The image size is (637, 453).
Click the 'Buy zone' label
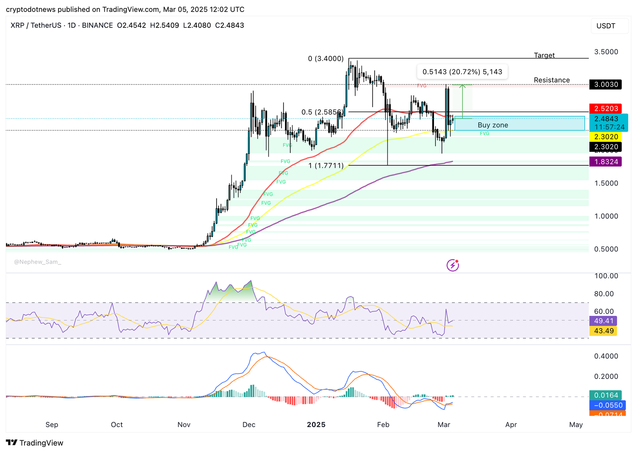[492, 125]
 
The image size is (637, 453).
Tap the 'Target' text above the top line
[544, 55]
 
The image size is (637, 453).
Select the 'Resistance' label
[551, 80]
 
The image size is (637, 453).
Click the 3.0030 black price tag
[606, 84]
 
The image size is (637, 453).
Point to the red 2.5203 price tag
[606, 108]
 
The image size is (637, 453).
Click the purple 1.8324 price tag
[606, 162]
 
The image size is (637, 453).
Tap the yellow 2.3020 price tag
[606, 137]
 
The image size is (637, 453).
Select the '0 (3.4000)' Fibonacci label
[325, 59]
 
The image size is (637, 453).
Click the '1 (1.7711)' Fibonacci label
[325, 165]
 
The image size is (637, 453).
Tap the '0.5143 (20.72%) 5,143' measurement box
[462, 72]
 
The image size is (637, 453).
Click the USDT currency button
[606, 26]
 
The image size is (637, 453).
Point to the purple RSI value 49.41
[603, 321]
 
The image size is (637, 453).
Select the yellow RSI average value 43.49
[603, 331]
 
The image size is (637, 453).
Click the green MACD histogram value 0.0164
[606, 395]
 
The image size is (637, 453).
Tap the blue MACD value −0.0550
[608, 405]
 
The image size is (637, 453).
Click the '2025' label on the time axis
[316, 425]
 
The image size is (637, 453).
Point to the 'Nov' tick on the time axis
[184, 425]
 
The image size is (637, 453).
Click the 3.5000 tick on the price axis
[606, 52]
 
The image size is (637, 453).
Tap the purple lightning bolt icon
[453, 265]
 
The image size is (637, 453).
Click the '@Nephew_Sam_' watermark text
[37, 262]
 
